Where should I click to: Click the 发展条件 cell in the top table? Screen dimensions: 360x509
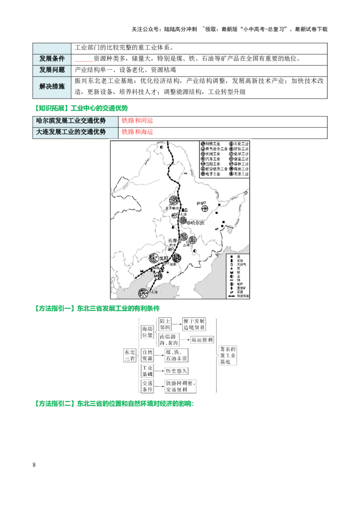52,59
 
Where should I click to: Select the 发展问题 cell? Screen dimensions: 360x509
52,70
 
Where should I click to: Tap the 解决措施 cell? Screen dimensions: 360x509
52,87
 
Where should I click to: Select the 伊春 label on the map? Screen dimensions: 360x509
200,204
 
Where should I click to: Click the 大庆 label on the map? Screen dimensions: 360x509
182,215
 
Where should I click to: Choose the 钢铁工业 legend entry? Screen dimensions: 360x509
214,144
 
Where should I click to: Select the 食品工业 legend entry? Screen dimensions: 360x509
241,159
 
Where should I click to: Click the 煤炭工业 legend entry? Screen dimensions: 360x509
241,169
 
